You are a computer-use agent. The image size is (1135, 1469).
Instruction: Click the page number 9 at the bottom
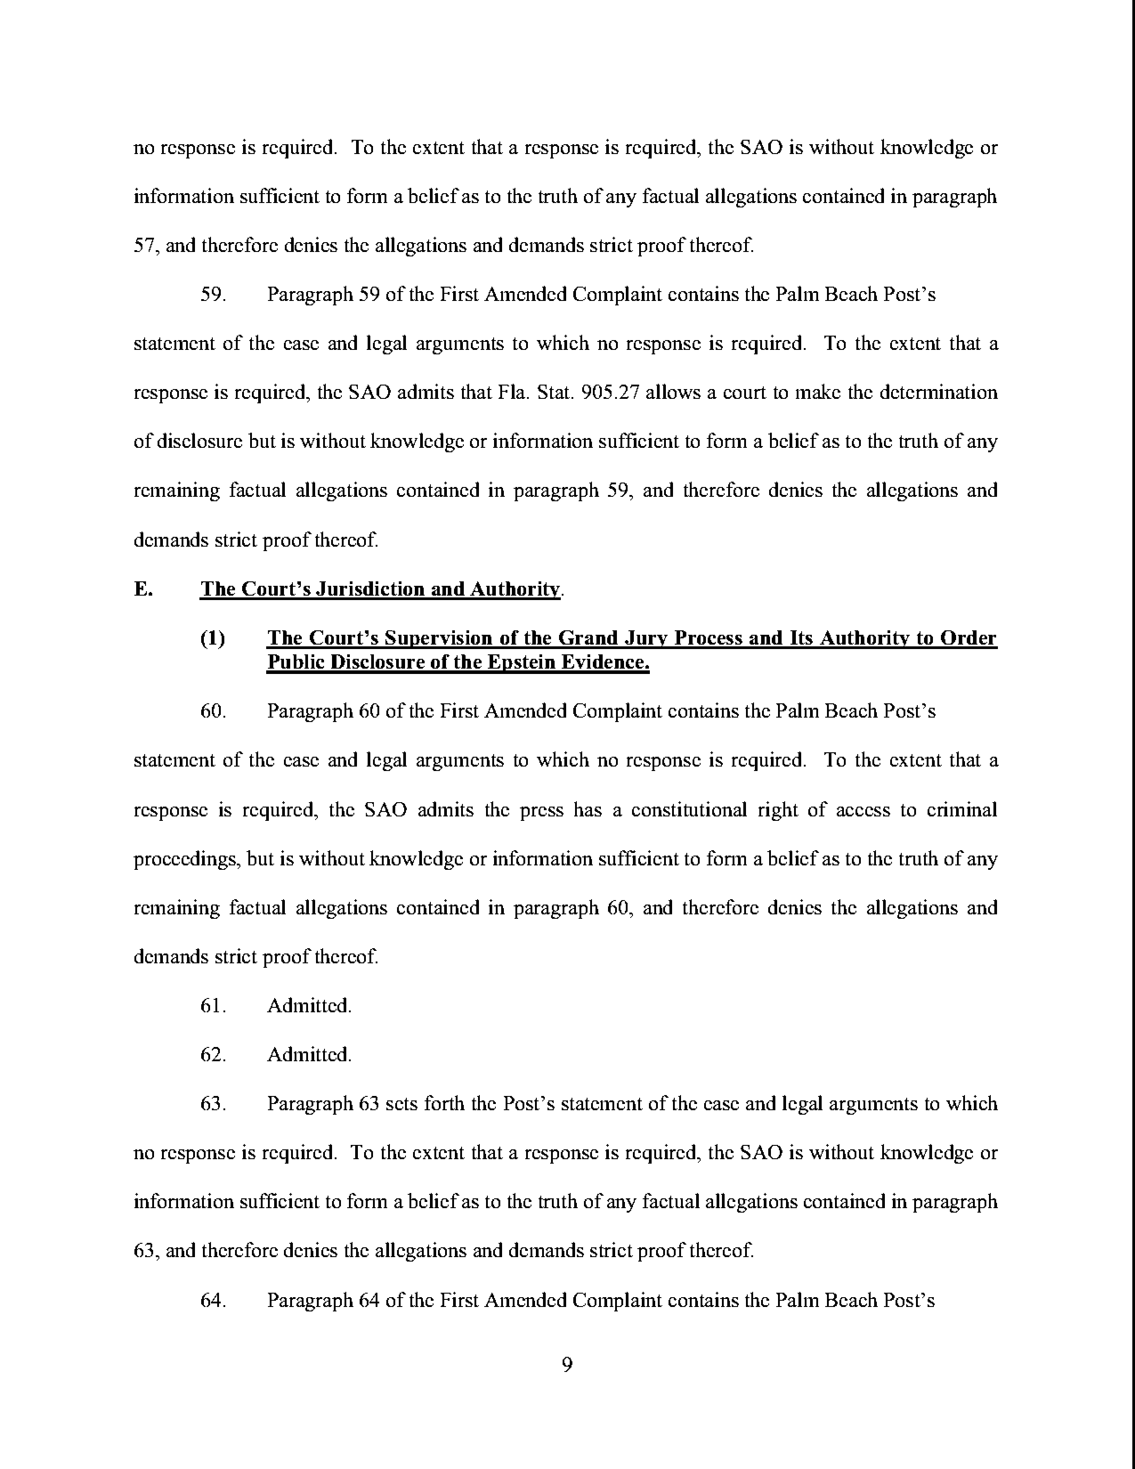point(567,1365)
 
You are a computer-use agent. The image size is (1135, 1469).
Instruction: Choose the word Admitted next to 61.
point(308,1006)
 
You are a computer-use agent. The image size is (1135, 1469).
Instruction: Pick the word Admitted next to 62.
point(308,1054)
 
